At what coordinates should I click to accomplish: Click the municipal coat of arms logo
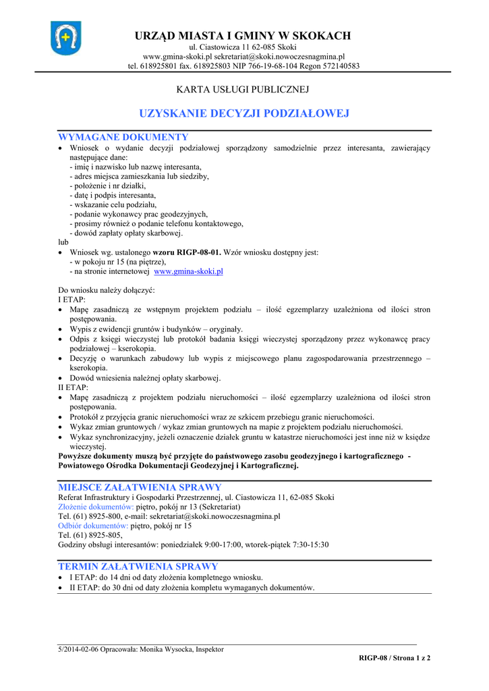(x=66, y=38)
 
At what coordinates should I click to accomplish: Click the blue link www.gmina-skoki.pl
(x=189, y=272)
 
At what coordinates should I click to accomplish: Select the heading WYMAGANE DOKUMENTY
(x=123, y=137)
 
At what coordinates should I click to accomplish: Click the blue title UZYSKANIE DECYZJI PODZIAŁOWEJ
(x=244, y=113)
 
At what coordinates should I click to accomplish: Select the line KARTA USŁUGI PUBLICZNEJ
(x=243, y=89)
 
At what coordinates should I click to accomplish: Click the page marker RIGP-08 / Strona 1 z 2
(x=394, y=658)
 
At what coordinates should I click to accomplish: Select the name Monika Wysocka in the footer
(x=166, y=649)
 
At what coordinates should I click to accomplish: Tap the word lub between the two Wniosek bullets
(x=64, y=242)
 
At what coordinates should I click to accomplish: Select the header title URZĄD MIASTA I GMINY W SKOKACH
(x=243, y=36)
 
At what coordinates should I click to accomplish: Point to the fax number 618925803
(x=213, y=66)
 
